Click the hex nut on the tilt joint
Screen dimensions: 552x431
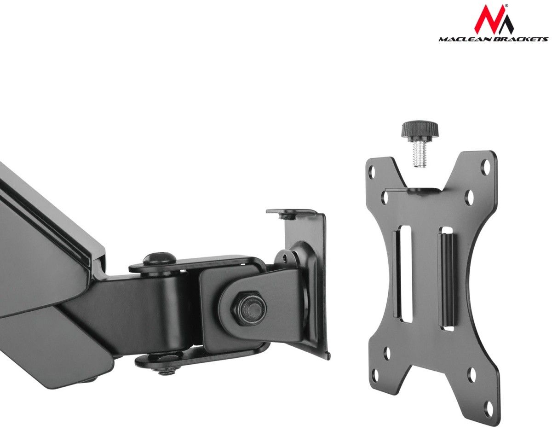pyautogui.click(x=249, y=309)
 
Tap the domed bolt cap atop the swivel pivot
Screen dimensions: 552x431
pyautogui.click(x=159, y=259)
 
